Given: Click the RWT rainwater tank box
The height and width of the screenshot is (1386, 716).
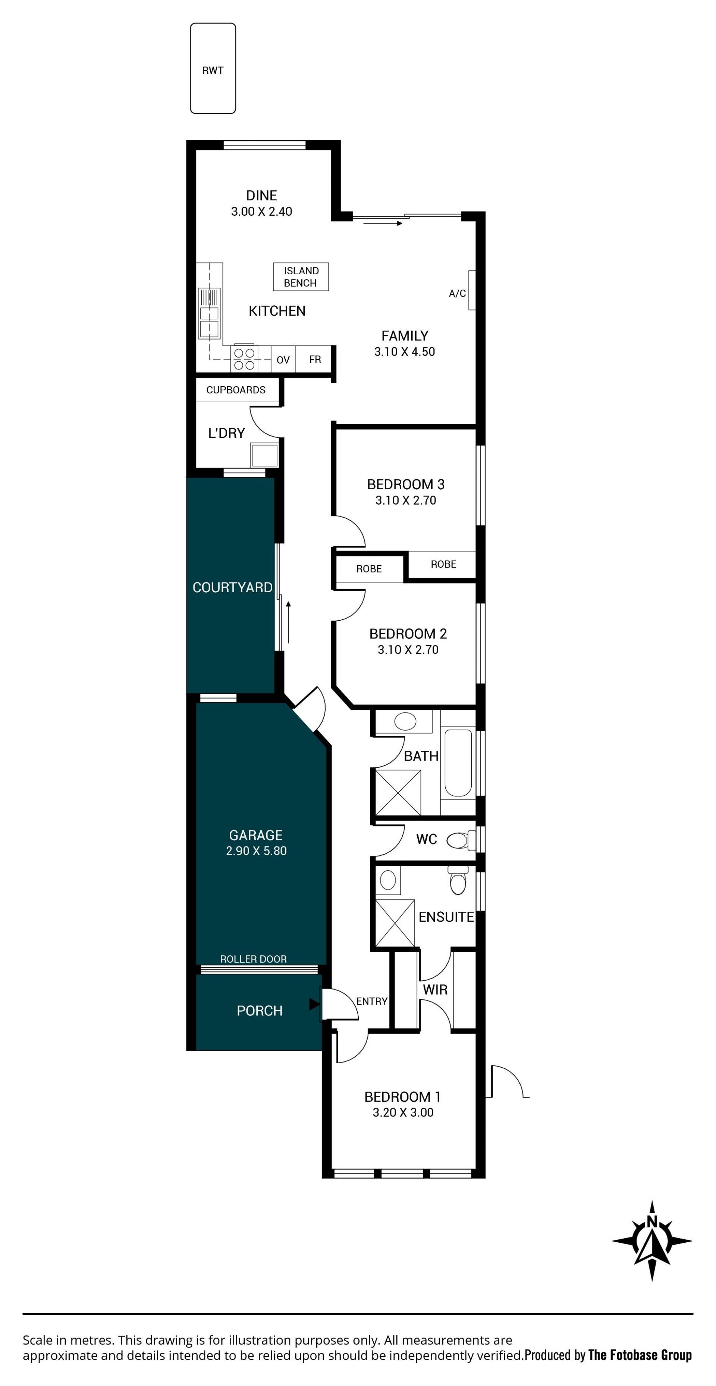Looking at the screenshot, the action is [x=213, y=68].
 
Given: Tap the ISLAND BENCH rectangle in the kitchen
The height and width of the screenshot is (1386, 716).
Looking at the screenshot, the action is [x=301, y=277].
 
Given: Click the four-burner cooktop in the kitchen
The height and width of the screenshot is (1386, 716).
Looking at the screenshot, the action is [x=244, y=358].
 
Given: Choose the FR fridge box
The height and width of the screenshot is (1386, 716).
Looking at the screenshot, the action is [x=315, y=359].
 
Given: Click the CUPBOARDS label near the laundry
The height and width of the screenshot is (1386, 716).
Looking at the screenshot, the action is [x=236, y=390].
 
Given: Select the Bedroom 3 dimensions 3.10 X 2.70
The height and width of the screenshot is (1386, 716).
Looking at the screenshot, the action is [x=406, y=500].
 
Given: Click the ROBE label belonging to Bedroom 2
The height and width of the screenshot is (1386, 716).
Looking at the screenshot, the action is [x=369, y=569].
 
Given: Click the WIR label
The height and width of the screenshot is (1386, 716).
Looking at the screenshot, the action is [x=435, y=989].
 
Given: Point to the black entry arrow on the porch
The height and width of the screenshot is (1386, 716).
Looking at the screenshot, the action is [x=314, y=1003].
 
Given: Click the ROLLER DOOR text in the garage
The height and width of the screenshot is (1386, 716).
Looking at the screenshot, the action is [x=253, y=959].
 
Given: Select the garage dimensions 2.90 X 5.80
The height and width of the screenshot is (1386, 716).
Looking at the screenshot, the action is [x=257, y=850].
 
